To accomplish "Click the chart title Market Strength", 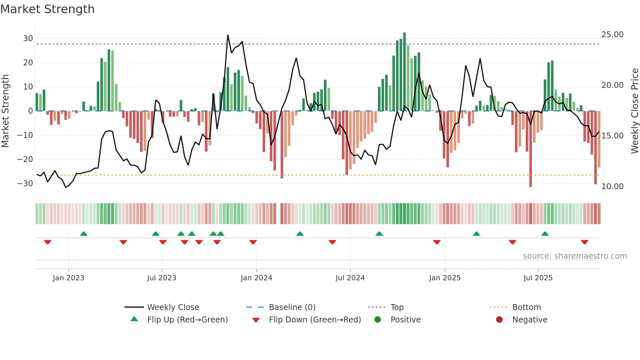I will [47, 9].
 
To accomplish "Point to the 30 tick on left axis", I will [28, 39].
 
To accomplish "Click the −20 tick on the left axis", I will [25, 159].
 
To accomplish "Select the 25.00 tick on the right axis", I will [612, 35].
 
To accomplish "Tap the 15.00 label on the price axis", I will [612, 136].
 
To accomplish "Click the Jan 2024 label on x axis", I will [256, 278].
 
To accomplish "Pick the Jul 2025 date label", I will [538, 278].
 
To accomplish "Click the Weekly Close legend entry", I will [173, 307].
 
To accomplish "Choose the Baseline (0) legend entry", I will [292, 307].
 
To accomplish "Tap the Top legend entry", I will [397, 307].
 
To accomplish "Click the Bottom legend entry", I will [526, 307].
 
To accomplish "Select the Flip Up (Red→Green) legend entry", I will [187, 320].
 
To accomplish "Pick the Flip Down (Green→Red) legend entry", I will [315, 320].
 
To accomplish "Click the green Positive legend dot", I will [378, 320].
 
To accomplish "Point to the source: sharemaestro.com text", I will [575, 256].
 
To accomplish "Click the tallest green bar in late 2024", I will [405, 72].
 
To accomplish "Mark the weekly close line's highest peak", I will [228, 35].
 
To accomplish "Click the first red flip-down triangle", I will [48, 242].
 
